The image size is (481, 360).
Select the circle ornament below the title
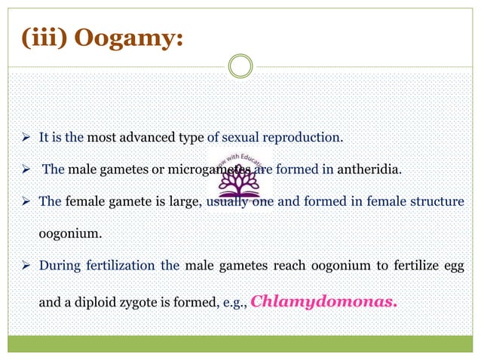tap(240, 67)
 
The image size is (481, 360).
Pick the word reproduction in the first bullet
tap(308, 138)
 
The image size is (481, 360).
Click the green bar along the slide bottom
tap(240, 343)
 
